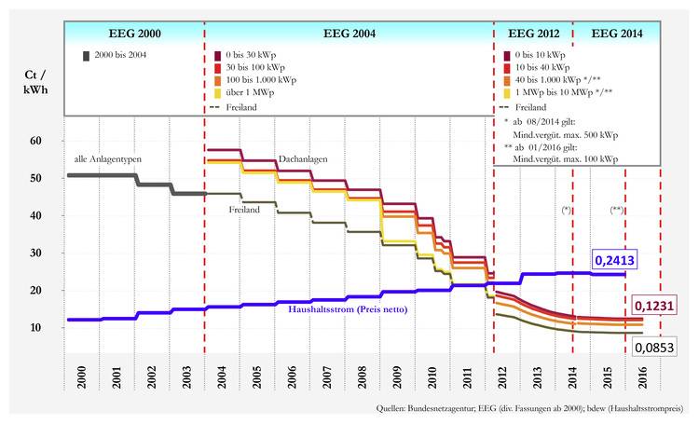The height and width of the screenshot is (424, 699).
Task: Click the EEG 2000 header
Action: point(134,33)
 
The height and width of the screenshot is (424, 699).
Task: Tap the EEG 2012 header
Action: point(532,33)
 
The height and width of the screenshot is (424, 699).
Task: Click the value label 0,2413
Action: point(614,262)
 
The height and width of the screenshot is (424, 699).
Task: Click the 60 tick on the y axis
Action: point(37,141)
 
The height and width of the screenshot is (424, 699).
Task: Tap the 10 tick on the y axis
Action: point(37,328)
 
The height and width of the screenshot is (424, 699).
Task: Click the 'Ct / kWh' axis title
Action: point(37,82)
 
